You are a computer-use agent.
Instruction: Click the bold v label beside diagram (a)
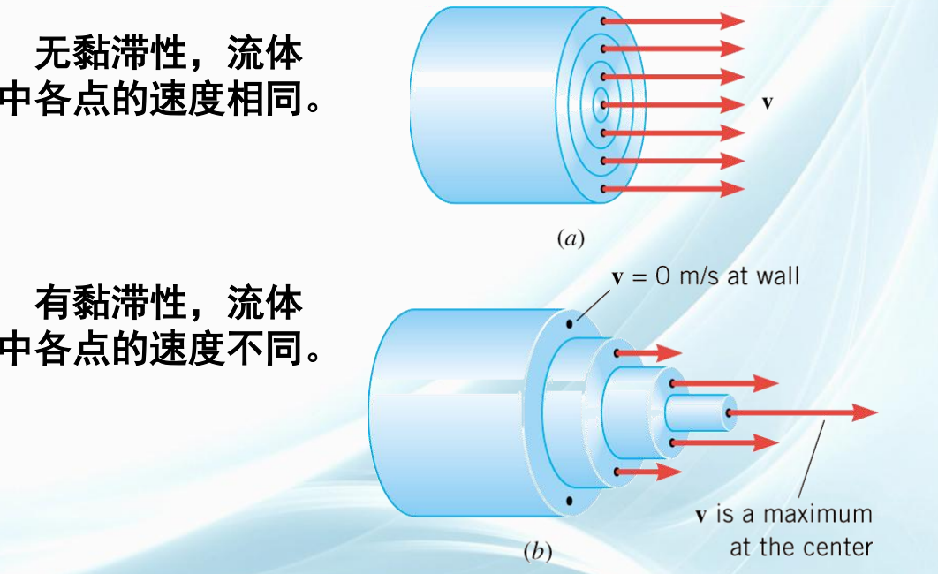pos(767,102)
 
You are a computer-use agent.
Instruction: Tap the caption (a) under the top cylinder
pos(570,238)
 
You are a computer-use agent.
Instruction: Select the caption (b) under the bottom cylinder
pos(537,551)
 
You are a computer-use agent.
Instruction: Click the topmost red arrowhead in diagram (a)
pos(732,21)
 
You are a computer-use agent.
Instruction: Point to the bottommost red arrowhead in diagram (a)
pos(732,189)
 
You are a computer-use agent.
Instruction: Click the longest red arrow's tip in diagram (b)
pos(877,412)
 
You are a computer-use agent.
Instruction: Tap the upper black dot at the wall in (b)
pos(570,325)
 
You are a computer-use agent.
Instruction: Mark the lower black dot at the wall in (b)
pos(569,501)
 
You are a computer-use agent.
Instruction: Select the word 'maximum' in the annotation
pos(817,515)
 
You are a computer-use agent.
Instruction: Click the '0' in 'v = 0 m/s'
pos(662,276)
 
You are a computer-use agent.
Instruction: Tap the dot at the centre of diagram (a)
pos(603,105)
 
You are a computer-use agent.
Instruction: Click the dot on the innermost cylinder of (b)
pos(730,412)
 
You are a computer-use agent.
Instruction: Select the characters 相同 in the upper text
pos(265,98)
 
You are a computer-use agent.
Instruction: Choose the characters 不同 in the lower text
pos(265,348)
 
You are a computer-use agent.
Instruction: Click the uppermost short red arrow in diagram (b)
pos(648,352)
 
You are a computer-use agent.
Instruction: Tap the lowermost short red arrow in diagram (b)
pos(648,472)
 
